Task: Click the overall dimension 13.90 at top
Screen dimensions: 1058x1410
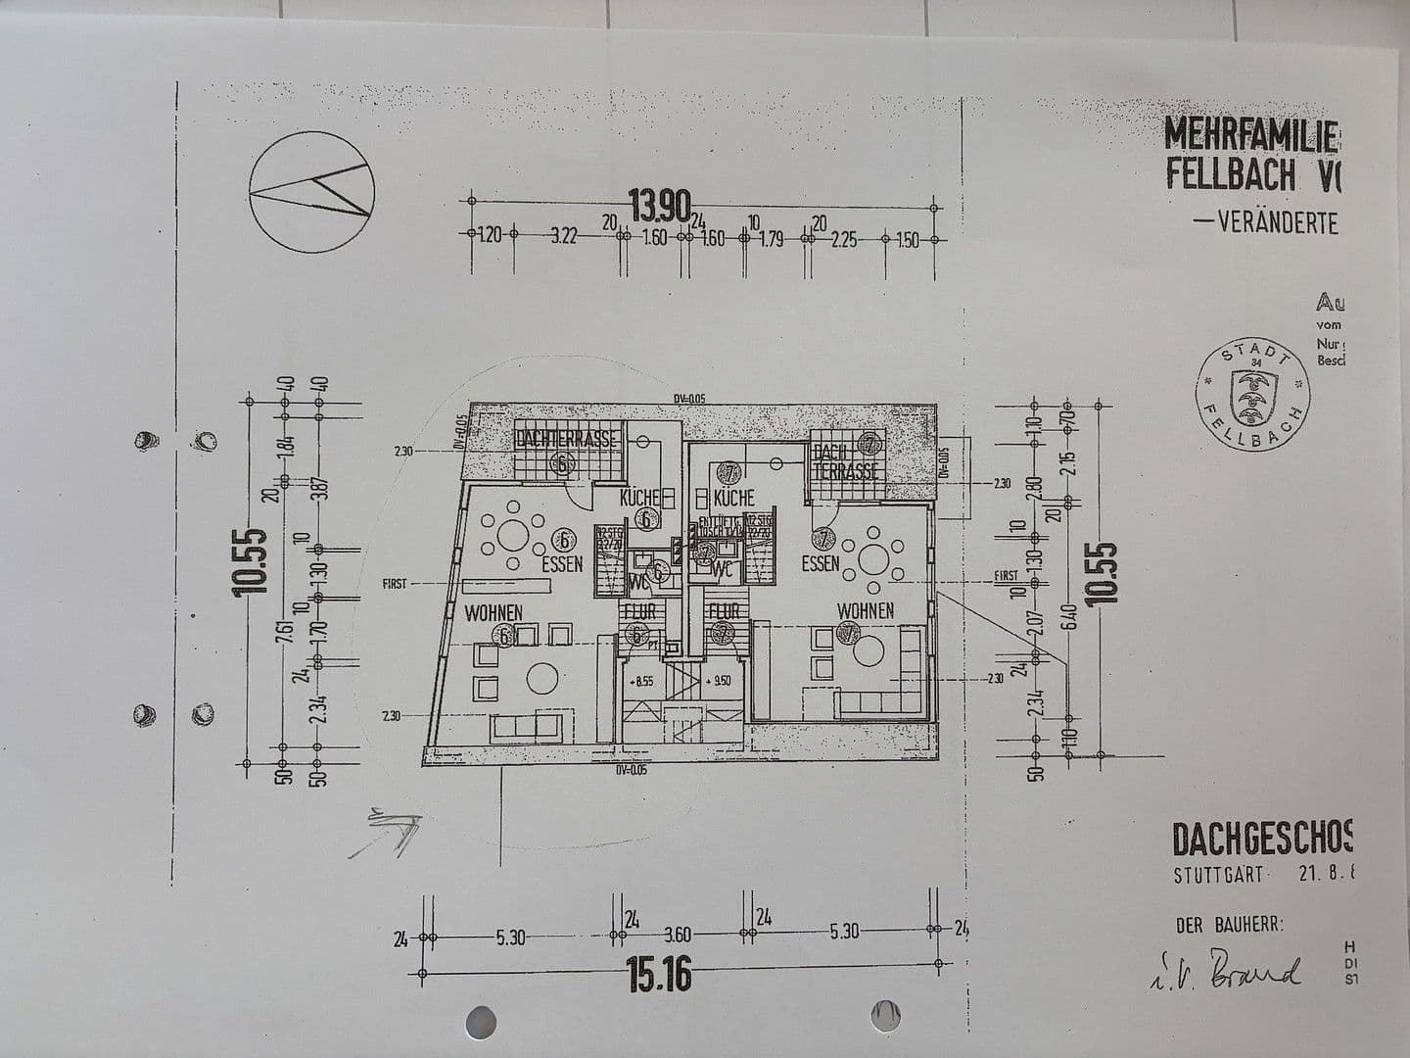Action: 659,206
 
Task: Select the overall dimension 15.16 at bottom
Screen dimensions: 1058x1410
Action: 658,975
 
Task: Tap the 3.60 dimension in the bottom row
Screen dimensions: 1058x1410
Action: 677,935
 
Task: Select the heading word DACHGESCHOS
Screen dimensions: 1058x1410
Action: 1261,840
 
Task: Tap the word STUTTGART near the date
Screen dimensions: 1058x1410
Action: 1218,875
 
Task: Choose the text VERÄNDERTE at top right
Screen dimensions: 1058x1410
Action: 1277,222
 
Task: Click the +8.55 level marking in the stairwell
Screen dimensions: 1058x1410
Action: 642,681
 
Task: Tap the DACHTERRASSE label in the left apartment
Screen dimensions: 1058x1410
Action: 567,439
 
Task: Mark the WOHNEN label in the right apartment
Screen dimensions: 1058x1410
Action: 865,610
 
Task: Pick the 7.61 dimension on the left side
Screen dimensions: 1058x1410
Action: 283,634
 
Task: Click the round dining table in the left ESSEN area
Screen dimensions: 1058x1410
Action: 511,535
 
